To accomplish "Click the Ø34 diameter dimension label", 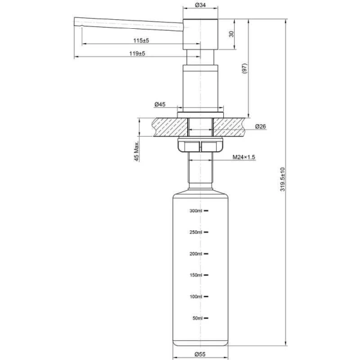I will point(201,5).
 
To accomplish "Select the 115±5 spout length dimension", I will point(141,40).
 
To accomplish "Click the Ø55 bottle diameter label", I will point(200,354).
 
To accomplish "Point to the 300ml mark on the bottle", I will point(197,211).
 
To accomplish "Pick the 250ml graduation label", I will point(197,232).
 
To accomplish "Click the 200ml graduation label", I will point(197,254).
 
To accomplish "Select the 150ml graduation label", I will point(197,275).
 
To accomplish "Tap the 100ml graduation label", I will point(197,296).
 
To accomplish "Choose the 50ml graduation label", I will point(198,318).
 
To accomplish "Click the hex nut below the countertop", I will point(200,147).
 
